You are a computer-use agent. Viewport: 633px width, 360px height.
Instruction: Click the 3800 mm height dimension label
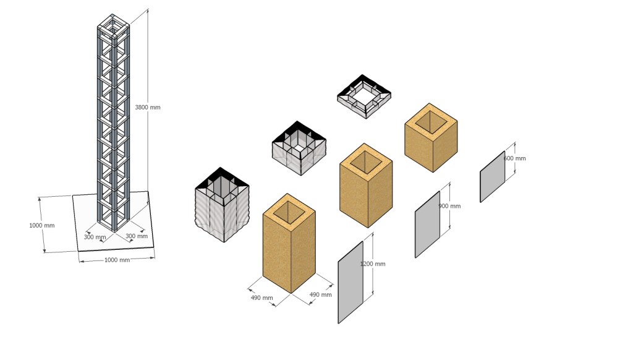coord(147,108)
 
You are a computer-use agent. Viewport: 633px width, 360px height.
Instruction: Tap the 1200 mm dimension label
coord(373,264)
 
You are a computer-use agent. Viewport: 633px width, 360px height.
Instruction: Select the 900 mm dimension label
coord(449,206)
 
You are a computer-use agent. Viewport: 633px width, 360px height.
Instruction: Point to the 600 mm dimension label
coord(515,158)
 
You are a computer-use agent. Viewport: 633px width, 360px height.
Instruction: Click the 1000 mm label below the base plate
coord(117,260)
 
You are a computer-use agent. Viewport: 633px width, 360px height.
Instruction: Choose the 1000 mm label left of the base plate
coord(41,225)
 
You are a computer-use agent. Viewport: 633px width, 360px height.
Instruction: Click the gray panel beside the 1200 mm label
coord(350,282)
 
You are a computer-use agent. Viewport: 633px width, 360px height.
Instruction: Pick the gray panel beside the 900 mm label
coord(428,225)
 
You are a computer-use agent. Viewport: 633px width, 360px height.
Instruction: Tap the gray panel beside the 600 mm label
coord(493,176)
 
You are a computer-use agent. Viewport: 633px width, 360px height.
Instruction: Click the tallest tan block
coord(289,243)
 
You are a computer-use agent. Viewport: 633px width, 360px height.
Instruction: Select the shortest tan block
coord(431,138)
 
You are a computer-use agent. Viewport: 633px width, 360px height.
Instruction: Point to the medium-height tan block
coord(366,186)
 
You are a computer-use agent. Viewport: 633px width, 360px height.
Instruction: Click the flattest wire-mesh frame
coord(364,96)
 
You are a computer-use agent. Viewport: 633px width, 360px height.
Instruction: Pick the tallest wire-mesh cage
coord(222,205)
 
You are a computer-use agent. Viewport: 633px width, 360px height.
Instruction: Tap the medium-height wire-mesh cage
coord(299,148)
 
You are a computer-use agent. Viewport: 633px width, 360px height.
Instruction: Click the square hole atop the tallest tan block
coord(289,210)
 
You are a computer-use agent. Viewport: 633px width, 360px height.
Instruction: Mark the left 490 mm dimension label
coord(261,298)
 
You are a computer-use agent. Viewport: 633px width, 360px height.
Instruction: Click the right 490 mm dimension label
coord(321,294)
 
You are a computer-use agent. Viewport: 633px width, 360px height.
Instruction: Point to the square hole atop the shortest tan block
coord(431,121)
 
